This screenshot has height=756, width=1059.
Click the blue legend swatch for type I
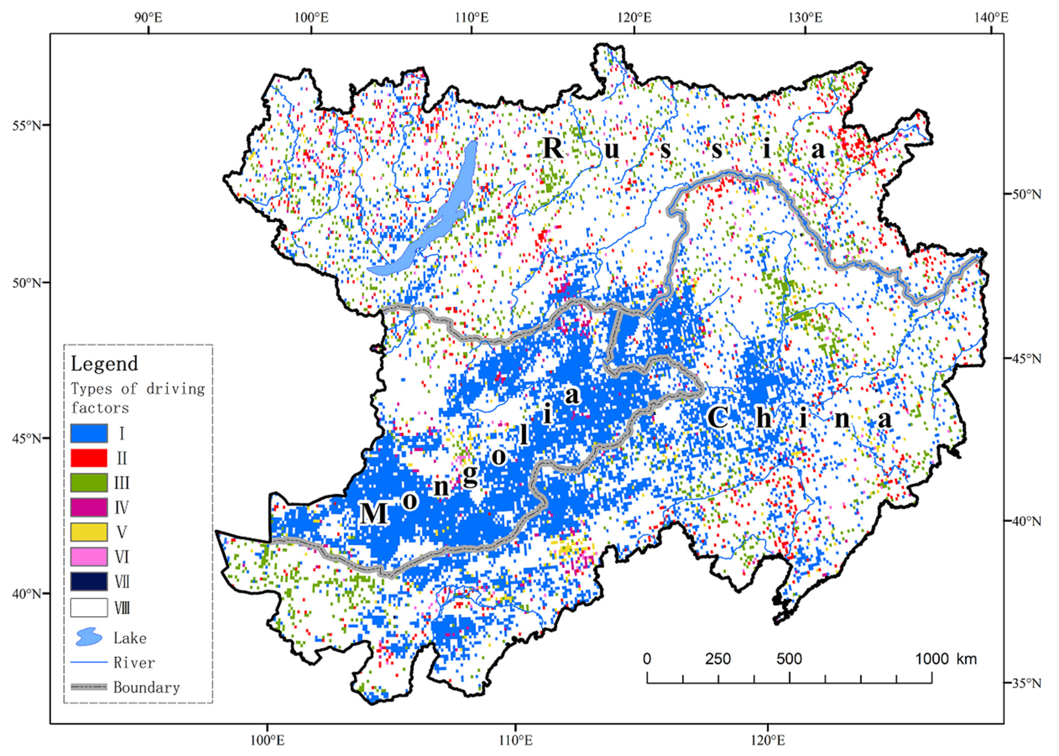(89, 433)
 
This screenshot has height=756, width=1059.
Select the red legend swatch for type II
(89, 458)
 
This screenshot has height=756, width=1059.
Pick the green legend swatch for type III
(89, 482)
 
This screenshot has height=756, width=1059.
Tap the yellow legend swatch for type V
(89, 532)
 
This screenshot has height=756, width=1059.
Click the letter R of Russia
(553, 149)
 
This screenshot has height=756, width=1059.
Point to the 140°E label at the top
(991, 18)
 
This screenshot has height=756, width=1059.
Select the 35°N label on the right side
(1026, 683)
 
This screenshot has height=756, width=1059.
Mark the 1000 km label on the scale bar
(945, 659)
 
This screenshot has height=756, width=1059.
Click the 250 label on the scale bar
(718, 659)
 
